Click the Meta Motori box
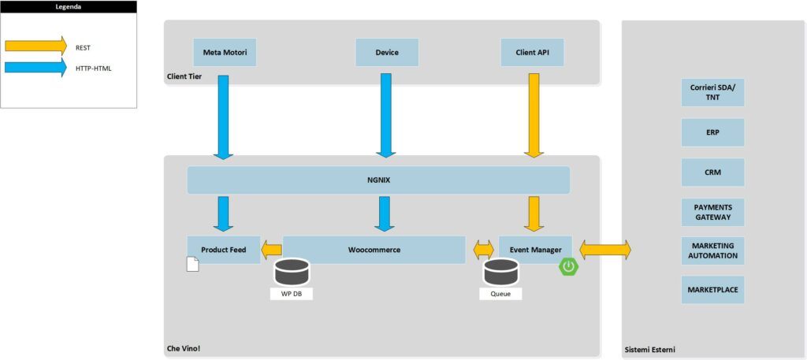point(225,53)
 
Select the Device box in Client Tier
point(386,53)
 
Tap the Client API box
point(532,53)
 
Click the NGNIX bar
point(378,180)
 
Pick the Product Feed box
point(223,250)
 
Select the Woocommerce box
point(374,250)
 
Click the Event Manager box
point(535,250)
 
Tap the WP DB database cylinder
point(292,273)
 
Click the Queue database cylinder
point(500,273)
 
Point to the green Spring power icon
point(569,266)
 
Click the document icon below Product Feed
point(192,264)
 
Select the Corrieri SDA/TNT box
point(712,93)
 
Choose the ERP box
point(712,132)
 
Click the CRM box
point(712,172)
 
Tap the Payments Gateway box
point(712,212)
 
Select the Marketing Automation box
point(712,251)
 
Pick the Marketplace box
point(712,290)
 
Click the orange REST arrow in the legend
point(36,46)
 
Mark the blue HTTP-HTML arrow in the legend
point(36,69)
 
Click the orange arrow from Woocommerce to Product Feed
point(272,250)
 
